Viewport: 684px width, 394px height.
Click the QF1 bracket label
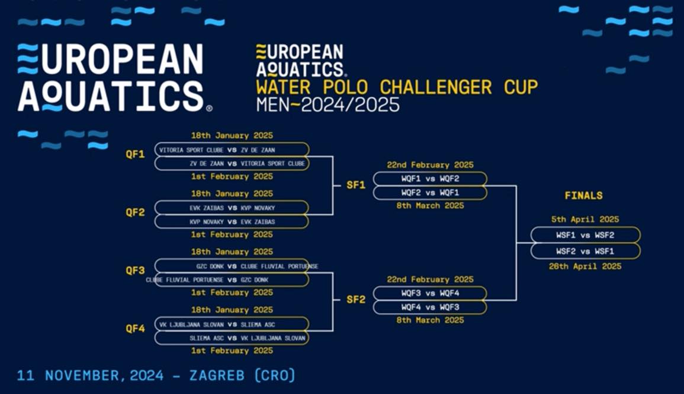[x=135, y=154]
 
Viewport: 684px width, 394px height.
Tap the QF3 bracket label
[x=135, y=271]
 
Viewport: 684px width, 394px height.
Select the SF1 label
[x=356, y=185]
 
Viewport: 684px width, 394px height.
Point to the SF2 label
[x=356, y=300]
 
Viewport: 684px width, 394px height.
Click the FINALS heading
[x=584, y=195]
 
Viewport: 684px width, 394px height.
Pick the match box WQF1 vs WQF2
[x=430, y=179]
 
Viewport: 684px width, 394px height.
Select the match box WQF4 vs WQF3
[x=430, y=307]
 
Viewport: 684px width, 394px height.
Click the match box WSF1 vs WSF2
[x=586, y=235]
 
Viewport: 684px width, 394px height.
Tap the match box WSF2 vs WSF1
[x=586, y=251]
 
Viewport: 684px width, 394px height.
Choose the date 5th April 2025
[x=586, y=219]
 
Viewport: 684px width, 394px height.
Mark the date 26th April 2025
[x=586, y=266]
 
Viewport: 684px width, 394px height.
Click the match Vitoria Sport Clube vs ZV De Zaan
[x=232, y=150]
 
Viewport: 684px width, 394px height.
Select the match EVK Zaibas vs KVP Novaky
[x=232, y=208]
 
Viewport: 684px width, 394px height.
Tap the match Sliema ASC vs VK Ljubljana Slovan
[x=232, y=338]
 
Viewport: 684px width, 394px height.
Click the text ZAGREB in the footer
[x=217, y=375]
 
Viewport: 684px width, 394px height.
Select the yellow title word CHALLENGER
[x=436, y=87]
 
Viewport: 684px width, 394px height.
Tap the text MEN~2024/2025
[x=327, y=104]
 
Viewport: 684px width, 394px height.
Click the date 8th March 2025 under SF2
[x=430, y=320]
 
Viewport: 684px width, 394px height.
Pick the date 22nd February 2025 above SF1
[x=430, y=165]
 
